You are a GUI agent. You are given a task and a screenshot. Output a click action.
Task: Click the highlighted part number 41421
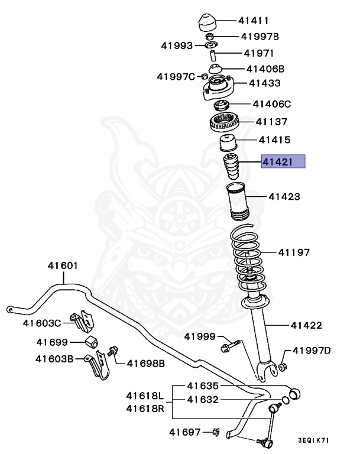(283, 161)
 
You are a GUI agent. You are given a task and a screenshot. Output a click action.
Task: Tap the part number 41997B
(260, 37)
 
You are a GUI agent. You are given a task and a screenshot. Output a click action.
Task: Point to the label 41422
(306, 325)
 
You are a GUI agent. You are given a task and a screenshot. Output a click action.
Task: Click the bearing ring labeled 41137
(225, 124)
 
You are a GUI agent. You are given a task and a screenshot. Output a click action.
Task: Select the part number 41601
(63, 266)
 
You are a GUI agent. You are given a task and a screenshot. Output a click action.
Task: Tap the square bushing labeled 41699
(90, 342)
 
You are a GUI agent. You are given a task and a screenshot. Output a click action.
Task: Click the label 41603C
(42, 323)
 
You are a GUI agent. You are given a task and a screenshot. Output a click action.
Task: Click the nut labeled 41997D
(282, 368)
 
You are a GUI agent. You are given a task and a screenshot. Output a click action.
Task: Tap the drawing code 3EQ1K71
(314, 440)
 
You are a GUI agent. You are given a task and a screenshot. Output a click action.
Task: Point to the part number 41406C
(272, 105)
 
